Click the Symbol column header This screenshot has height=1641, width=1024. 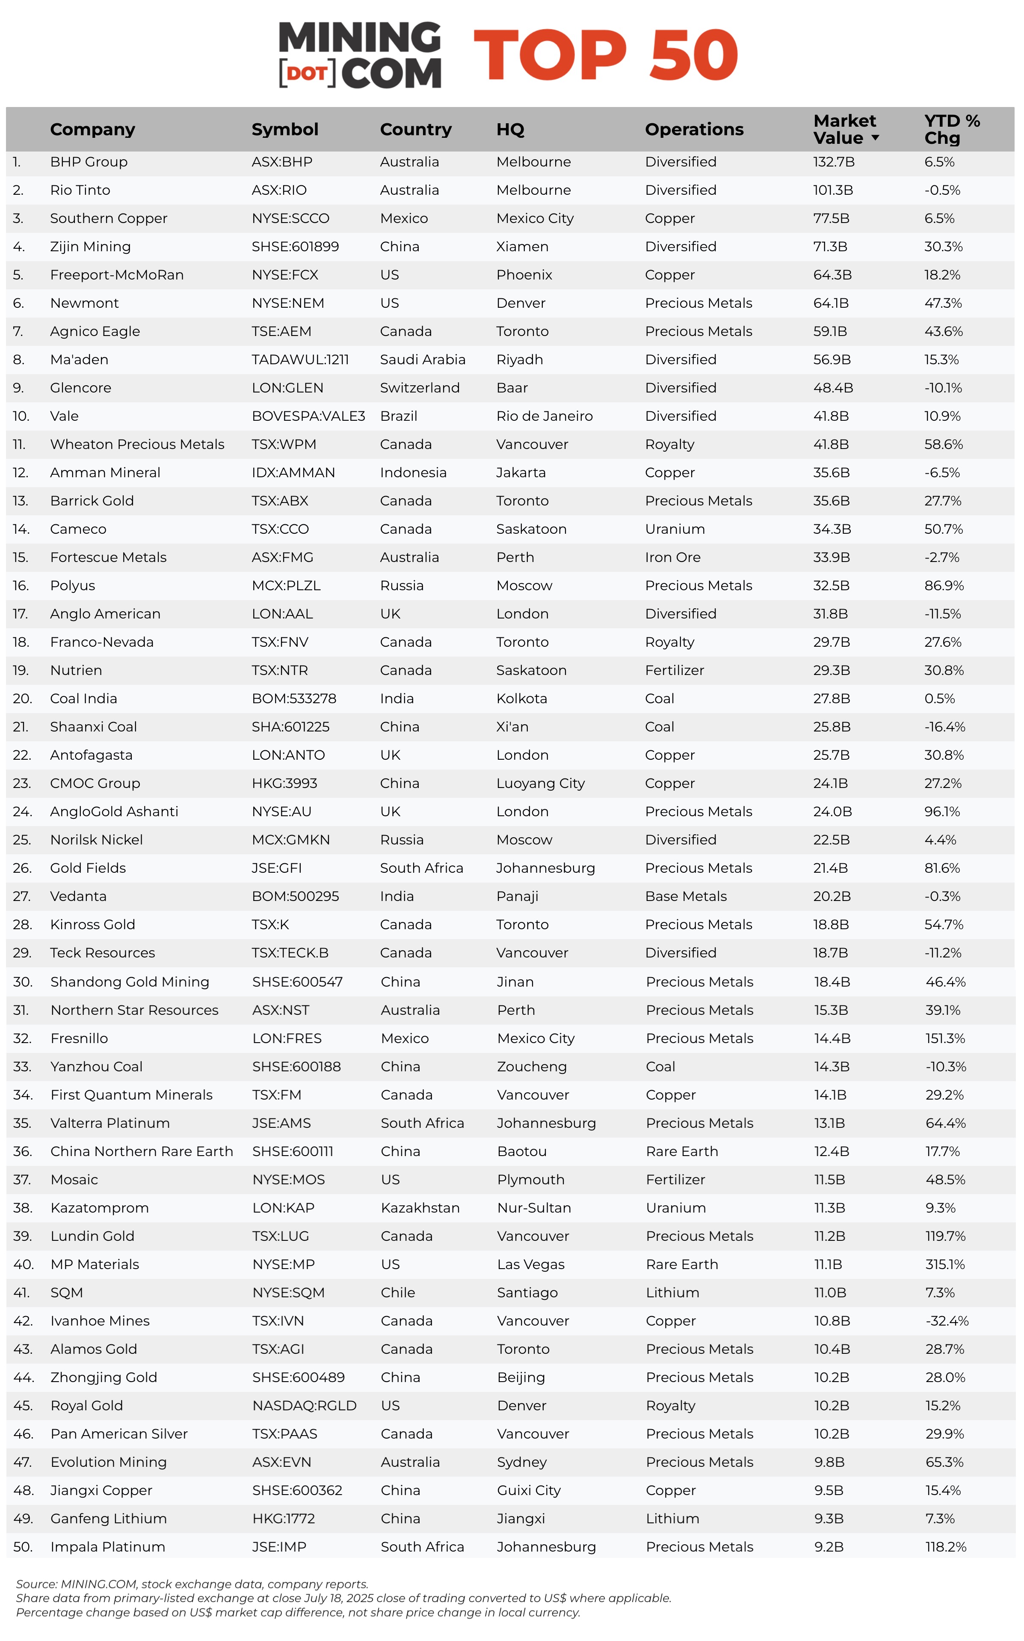pos(284,129)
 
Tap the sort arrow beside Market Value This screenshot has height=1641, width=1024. pos(875,138)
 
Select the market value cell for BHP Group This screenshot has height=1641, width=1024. pos(834,162)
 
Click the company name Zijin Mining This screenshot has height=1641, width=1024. pos(90,247)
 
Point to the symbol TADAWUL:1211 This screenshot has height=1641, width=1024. pos(300,360)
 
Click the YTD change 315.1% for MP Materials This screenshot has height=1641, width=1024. pos(945,1264)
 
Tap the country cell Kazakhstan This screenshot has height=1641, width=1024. pos(420,1208)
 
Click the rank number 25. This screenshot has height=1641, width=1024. pos(22,840)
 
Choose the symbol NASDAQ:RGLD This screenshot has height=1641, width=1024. pos(304,1406)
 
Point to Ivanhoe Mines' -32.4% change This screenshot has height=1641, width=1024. pos(947,1321)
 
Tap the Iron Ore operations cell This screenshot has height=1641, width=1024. pos(672,558)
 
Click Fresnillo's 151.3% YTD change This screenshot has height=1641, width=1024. pos(945,1039)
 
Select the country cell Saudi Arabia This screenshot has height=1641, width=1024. pos(423,360)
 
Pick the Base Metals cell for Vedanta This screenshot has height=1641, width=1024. pos(685,896)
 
